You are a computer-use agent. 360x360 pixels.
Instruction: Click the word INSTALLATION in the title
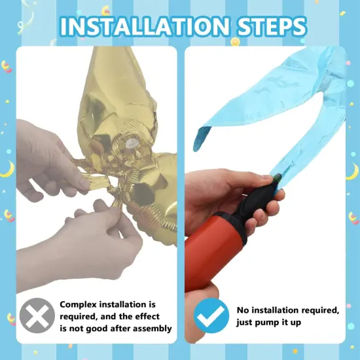tap(145, 26)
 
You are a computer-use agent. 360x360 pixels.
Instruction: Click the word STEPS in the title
tap(272, 26)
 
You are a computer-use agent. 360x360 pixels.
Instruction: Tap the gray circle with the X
tap(37, 315)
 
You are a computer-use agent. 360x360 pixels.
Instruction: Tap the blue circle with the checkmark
tap(211, 315)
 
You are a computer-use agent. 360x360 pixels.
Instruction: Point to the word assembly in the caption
tap(153, 329)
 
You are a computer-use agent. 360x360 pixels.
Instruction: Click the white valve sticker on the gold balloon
tap(132, 143)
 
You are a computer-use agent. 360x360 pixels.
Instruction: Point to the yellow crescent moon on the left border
tap(8, 170)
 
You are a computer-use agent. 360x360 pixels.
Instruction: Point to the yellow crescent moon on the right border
tap(352, 171)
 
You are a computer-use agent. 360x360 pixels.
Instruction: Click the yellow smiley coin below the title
tap(235, 41)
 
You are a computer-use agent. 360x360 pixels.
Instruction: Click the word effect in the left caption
tap(147, 317)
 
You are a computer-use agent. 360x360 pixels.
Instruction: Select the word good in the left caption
tap(97, 329)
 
